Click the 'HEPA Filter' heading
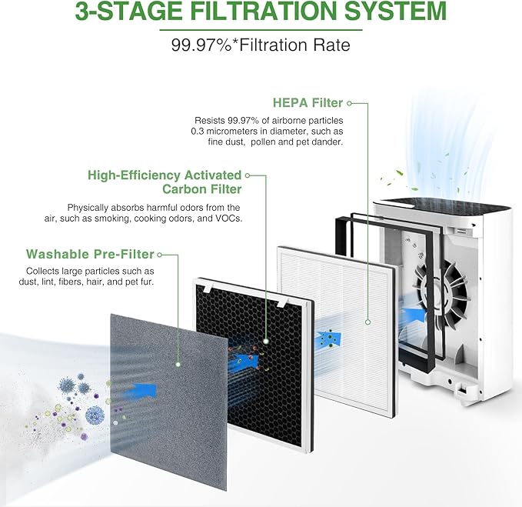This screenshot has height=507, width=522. coord(308,102)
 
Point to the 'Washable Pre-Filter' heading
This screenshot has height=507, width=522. coord(90,254)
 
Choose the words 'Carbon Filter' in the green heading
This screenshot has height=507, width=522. coord(201,189)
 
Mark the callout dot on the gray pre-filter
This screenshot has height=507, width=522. coord(178,362)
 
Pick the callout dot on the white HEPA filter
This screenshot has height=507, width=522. coord(368,324)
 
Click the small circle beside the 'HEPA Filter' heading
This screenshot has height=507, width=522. coord(350,102)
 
